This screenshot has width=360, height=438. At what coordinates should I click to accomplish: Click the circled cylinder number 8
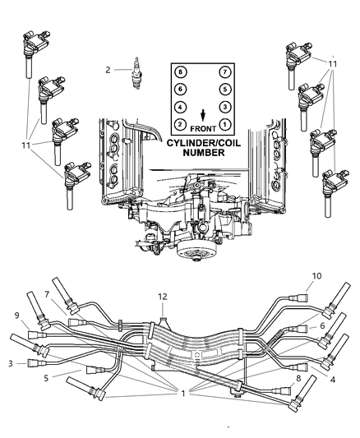tap(180, 73)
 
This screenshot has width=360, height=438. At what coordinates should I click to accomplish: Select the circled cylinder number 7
tap(225, 73)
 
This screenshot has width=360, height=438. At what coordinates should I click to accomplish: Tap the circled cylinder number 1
tap(225, 123)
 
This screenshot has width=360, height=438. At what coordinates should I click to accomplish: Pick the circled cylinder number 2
tap(180, 123)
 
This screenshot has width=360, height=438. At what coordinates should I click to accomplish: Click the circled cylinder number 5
tap(225, 90)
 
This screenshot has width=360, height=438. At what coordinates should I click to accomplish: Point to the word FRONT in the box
tap(203, 129)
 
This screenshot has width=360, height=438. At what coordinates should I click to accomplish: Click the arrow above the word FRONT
tap(203, 115)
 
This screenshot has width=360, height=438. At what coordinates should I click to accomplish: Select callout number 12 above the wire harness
tap(163, 295)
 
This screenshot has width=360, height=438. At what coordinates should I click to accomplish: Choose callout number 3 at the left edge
tap(10, 362)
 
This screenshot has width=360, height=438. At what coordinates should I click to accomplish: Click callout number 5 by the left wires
tap(46, 378)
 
